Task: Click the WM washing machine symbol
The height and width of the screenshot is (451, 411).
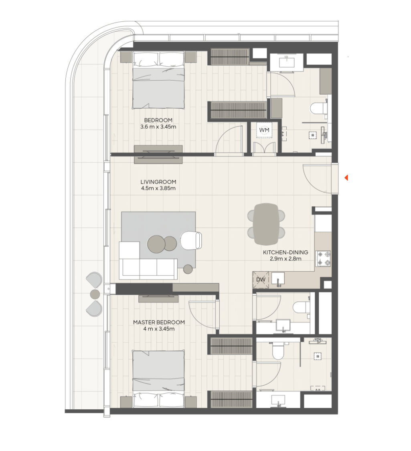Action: [x=264, y=130]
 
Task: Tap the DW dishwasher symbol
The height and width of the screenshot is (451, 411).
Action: [x=261, y=280]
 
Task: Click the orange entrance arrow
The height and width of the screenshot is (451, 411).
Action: [x=346, y=178]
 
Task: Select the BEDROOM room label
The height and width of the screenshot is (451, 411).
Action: [x=158, y=120]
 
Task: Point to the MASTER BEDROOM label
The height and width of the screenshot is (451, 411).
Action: [x=159, y=323]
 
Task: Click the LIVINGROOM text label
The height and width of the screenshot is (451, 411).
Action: [x=158, y=182]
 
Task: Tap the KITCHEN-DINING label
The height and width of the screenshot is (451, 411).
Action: [x=285, y=252]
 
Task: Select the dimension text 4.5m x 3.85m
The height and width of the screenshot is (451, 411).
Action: [x=158, y=189]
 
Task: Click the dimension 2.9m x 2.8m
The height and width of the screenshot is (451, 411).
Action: [x=285, y=258]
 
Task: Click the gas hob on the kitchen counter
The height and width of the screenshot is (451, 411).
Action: [x=323, y=258]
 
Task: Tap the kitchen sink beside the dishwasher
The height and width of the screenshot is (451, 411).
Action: [x=277, y=279]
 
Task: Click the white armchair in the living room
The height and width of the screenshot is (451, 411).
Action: [x=191, y=240]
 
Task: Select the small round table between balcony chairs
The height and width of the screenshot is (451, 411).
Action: [x=95, y=294]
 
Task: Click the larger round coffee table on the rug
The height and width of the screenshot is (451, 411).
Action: [x=156, y=244]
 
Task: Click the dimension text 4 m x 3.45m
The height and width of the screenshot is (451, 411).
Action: [x=159, y=329]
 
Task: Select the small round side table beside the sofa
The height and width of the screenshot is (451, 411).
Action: [x=188, y=269]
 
